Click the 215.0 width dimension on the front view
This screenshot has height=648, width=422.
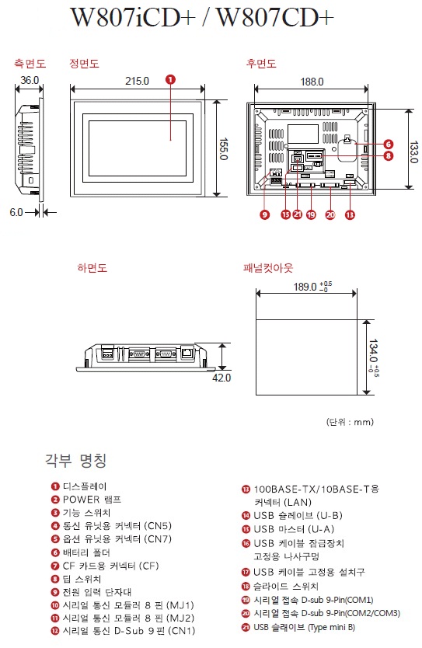pos(137,81)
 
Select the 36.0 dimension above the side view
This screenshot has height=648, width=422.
pos(30,80)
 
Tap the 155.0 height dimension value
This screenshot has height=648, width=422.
pos(223,148)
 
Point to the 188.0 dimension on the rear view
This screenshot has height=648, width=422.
pos(312,82)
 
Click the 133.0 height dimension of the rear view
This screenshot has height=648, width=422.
pos(413,152)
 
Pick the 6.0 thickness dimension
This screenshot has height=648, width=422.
pos(16,212)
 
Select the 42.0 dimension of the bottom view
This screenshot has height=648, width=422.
pos(221,378)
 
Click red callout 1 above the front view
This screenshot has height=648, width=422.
pos(170,79)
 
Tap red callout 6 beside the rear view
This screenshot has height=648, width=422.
pos(388,144)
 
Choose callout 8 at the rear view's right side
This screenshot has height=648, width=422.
pos(388,156)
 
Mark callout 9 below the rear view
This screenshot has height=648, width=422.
pos(264,214)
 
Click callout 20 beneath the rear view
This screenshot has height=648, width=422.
pos(330,214)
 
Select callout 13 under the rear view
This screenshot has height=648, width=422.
pos(350,214)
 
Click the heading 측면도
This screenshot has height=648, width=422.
pos(30,63)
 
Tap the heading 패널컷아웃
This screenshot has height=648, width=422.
pos(268,268)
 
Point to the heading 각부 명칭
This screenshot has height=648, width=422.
pos(76,460)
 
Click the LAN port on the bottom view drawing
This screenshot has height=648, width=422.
pos(187,353)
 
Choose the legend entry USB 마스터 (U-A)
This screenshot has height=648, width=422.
pos(294,529)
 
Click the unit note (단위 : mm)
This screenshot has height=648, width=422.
pos(350,422)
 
